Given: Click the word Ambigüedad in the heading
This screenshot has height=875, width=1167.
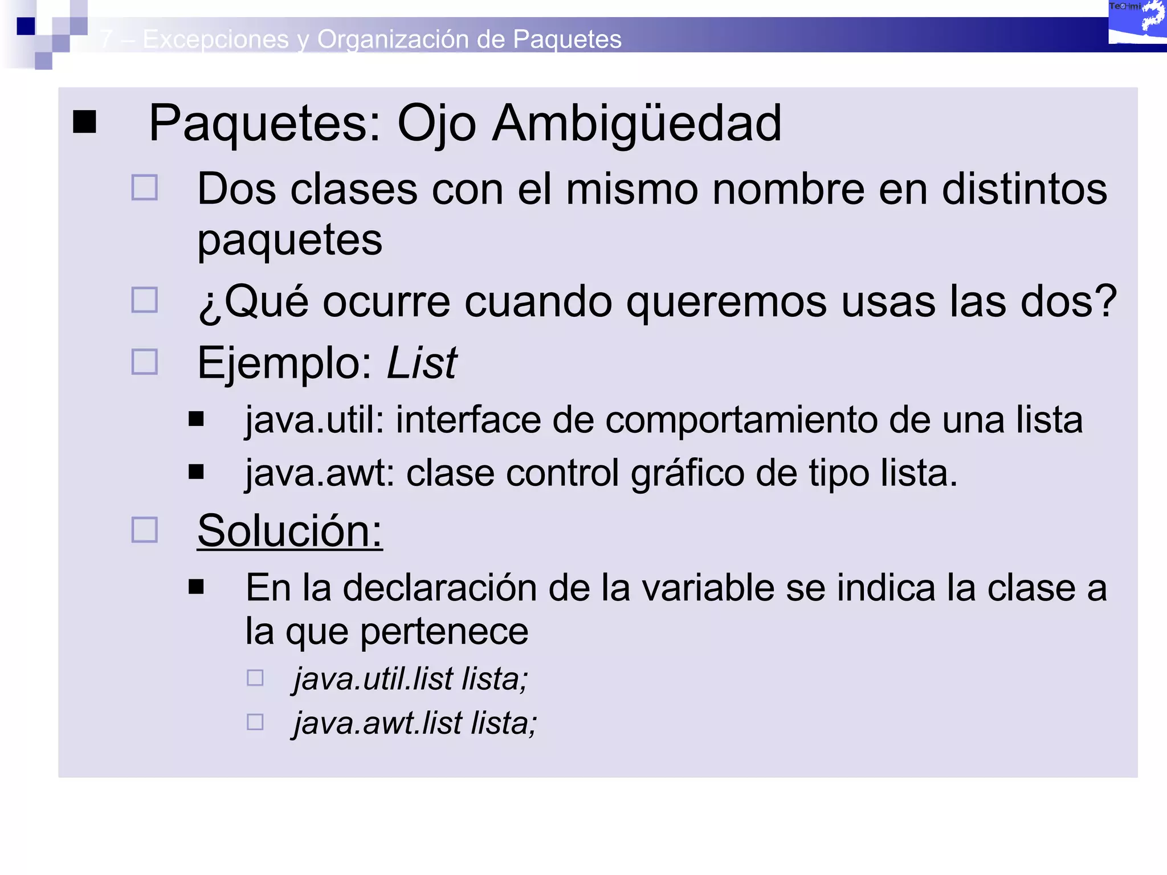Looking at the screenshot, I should point(636,124).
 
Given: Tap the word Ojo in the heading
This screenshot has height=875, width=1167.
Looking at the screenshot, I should point(436,124).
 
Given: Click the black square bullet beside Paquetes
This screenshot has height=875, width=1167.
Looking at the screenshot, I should point(85,121).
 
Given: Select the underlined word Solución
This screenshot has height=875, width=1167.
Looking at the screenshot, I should point(289,531).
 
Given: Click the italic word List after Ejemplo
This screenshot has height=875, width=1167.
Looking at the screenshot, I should point(422,363).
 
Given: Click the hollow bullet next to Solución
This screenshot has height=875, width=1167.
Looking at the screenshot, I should point(145,530).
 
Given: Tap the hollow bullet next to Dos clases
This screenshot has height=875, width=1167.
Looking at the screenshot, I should point(145,187).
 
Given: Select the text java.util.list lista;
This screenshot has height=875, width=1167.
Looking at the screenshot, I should point(411,679).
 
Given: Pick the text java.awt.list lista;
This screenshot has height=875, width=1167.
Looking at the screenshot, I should point(415,723).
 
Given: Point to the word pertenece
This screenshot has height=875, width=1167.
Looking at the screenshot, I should point(444,632).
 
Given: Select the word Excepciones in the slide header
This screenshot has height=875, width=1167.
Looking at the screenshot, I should point(215,39).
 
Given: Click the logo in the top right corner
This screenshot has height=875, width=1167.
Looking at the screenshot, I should point(1137,23).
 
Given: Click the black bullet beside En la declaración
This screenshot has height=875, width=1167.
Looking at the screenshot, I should point(197,587).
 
